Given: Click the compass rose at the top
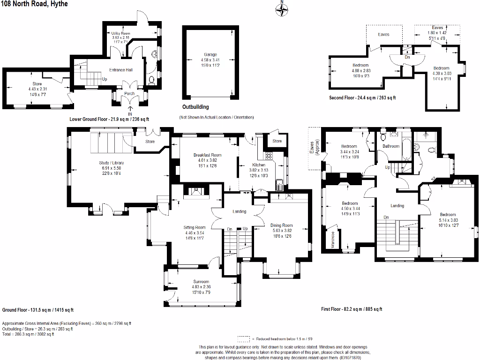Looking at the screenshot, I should [282, 9].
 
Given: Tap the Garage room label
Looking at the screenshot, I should [210, 55].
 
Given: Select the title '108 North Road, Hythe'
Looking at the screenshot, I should [34, 4].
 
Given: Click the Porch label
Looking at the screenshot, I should [129, 93].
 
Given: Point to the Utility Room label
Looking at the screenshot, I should [120, 34].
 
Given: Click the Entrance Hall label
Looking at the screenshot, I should [121, 70].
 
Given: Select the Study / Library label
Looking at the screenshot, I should [112, 163].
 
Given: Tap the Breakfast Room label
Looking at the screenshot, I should [207, 155].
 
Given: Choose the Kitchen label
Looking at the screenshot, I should [259, 165].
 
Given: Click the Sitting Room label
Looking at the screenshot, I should [195, 227].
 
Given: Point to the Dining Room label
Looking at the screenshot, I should [281, 225].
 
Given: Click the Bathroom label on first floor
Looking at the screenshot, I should [391, 146].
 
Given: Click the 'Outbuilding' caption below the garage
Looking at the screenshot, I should [195, 107].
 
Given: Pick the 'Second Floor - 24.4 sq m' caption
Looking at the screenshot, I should [362, 98].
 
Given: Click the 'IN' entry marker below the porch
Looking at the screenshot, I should [130, 113].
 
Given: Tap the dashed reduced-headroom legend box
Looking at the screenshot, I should [243, 338].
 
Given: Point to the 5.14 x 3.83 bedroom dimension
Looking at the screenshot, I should [448, 220].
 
